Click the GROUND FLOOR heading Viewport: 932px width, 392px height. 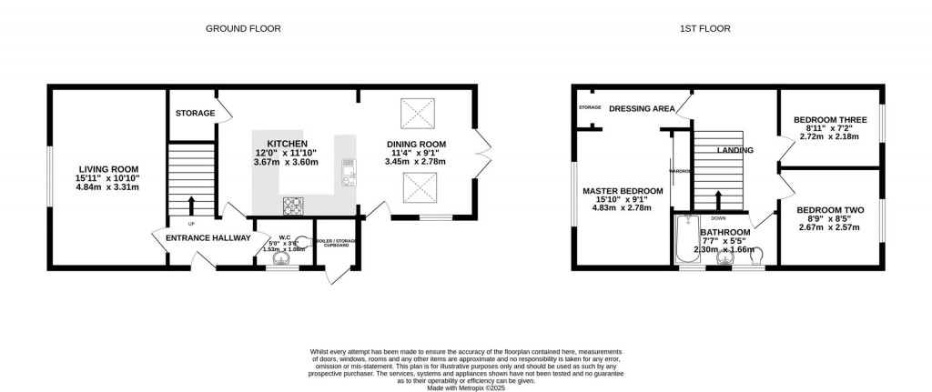click(243, 28)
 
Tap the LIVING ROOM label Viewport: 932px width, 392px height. click(107, 168)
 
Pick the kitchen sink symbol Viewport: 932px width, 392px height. click(347, 171)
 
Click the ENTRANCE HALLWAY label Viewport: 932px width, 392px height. click(208, 238)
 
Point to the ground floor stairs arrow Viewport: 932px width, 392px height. click(191, 205)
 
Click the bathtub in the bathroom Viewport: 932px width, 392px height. click(684, 239)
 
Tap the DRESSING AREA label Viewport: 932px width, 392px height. click(643, 109)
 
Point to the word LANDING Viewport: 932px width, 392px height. click(735, 150)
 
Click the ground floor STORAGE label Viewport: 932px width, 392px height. click(196, 114)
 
